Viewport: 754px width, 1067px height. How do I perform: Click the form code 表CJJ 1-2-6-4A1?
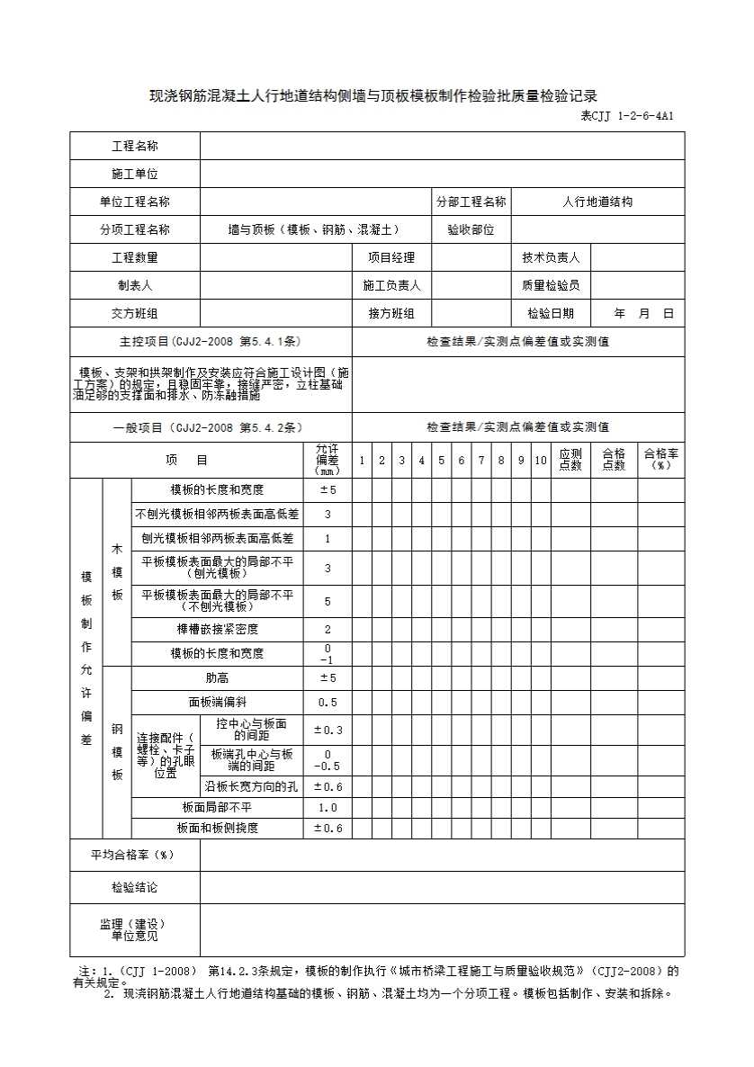(x=627, y=116)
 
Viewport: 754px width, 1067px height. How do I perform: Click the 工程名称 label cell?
(x=134, y=146)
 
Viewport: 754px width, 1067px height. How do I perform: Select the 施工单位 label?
(x=134, y=174)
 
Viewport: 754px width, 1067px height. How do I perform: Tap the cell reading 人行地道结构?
(x=597, y=202)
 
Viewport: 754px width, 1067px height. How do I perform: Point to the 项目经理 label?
(x=390, y=257)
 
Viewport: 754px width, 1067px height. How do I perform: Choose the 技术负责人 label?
(x=551, y=257)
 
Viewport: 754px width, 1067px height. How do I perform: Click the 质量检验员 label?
(x=551, y=285)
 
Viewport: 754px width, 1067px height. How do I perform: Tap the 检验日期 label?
(x=551, y=313)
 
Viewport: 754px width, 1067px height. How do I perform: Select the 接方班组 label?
(x=390, y=313)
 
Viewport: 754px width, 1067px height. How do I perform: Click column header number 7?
(x=480, y=461)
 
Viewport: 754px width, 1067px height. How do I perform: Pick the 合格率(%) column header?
(x=661, y=460)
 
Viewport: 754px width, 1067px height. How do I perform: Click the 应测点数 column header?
(x=570, y=460)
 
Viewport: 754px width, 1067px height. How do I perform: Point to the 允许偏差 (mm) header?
(x=328, y=460)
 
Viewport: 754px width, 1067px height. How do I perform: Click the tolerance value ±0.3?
(x=328, y=730)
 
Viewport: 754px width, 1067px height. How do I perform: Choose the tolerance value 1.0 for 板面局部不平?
(x=328, y=807)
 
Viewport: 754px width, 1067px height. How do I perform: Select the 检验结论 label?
(x=134, y=887)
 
